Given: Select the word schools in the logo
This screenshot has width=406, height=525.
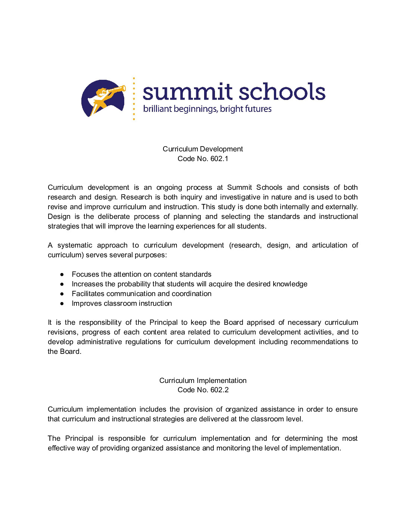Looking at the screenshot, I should [282, 92].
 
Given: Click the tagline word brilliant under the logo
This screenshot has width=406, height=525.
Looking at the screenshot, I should [157, 109].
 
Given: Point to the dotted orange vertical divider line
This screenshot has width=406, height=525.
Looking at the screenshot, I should [134, 99].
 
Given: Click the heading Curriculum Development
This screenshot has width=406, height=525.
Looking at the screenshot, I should [203, 149].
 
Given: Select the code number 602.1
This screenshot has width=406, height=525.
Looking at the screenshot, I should [219, 159].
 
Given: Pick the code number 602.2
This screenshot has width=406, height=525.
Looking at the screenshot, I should [219, 390].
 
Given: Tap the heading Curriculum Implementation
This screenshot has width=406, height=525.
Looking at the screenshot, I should [203, 380].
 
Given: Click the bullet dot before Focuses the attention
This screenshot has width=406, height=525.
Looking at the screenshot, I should [62, 274].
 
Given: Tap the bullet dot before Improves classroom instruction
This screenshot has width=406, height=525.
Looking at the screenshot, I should [62, 304].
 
